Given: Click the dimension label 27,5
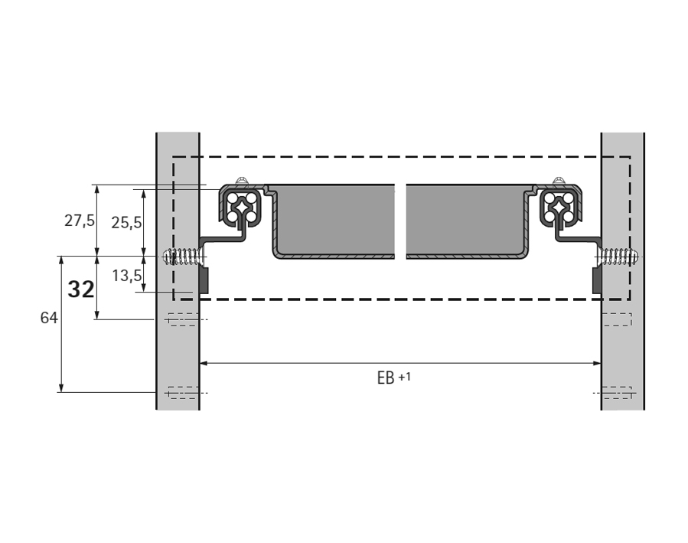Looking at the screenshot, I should (x=80, y=221).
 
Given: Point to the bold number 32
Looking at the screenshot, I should (x=80, y=289).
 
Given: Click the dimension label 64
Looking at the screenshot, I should (x=49, y=319).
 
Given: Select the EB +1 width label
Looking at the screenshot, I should (x=393, y=378).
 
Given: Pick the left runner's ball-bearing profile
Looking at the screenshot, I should (x=243, y=208).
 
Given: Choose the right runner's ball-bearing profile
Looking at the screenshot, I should (x=560, y=208).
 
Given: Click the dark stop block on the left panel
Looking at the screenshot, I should (x=204, y=280).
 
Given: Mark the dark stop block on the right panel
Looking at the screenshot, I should (x=597, y=280).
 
